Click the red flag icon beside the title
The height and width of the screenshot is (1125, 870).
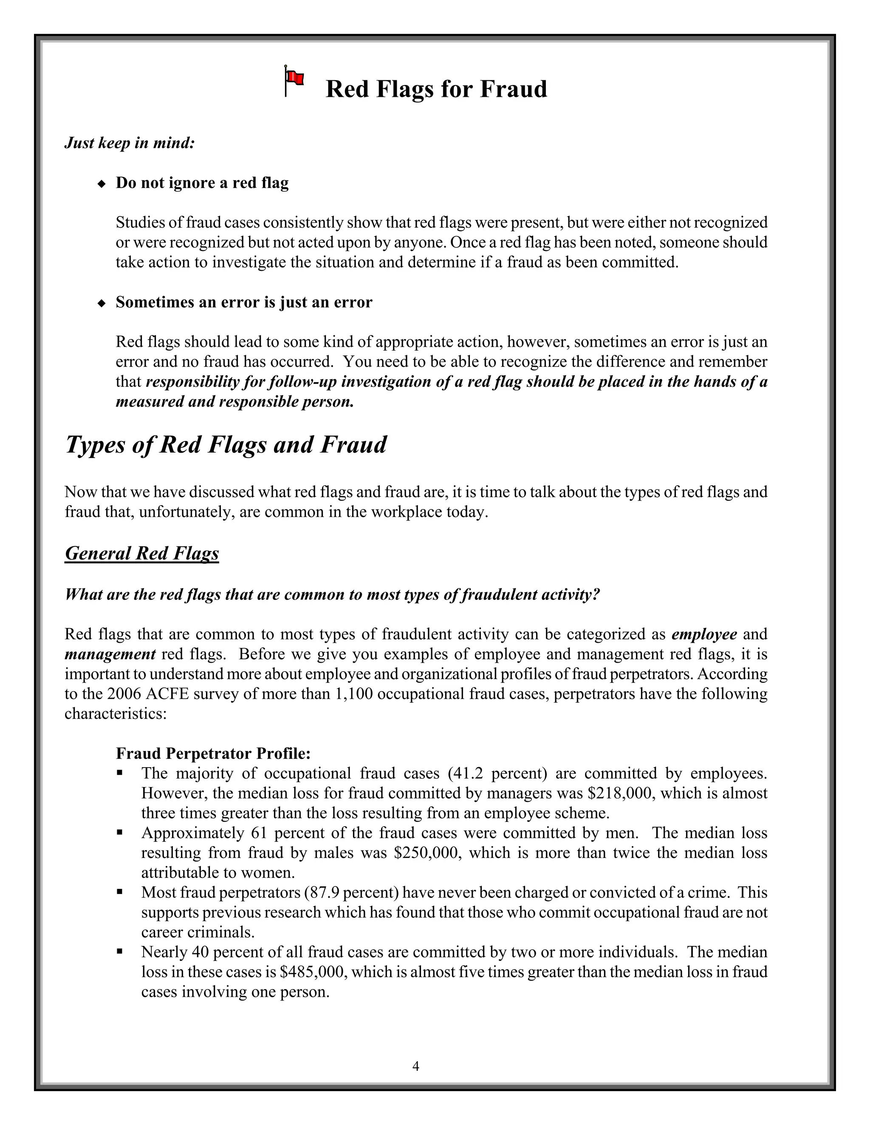point(294,80)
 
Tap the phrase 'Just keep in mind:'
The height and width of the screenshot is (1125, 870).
point(130,143)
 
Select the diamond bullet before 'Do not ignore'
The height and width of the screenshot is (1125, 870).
point(102,183)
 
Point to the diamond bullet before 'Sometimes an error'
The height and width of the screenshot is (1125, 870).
point(102,303)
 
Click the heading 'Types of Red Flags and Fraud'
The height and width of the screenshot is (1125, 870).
point(226,444)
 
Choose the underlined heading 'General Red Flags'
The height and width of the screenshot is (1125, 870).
point(142,553)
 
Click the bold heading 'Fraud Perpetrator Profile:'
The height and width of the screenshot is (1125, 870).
point(213,754)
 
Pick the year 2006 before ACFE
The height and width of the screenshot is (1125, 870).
point(124,694)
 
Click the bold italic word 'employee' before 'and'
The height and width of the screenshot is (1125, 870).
point(704,634)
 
